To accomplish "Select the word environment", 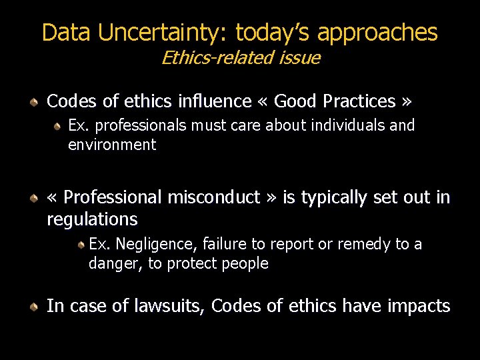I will (x=112, y=145).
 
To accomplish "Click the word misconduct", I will (x=214, y=197).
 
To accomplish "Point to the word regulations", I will (x=92, y=219).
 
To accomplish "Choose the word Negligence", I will (x=153, y=245).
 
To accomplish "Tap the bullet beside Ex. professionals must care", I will (x=58, y=126).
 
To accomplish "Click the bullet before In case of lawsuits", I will (x=33, y=306).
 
